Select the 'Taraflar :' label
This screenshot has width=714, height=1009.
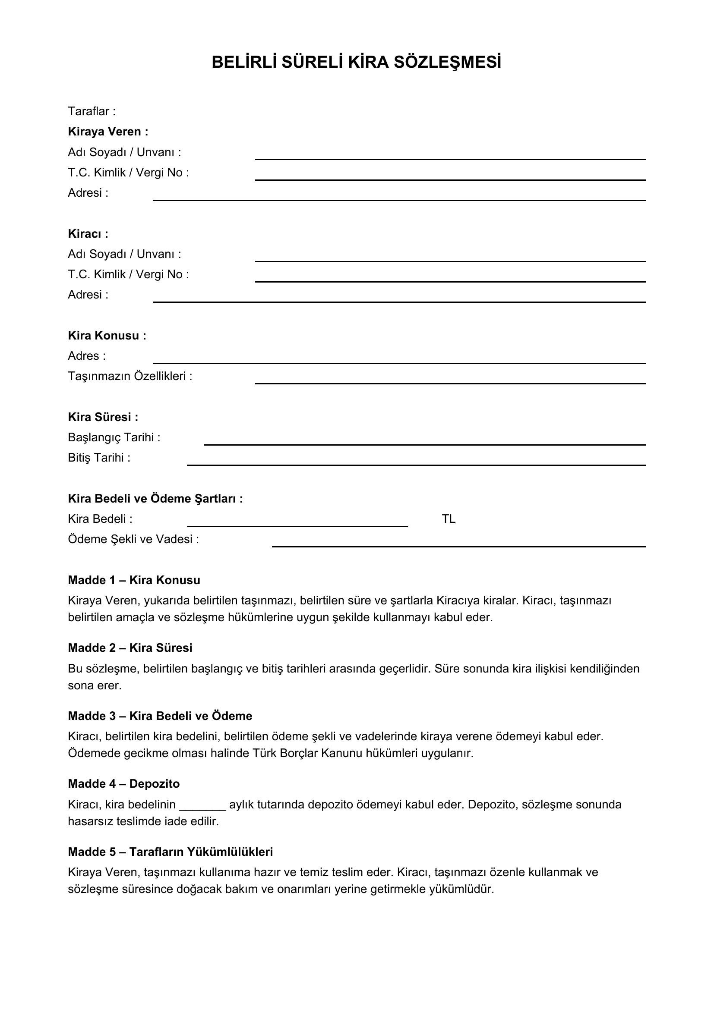point(92,111)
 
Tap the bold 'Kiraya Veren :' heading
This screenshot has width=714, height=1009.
point(108,132)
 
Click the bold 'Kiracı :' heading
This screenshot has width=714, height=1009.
point(88,233)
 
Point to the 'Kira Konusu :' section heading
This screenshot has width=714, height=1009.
point(107,335)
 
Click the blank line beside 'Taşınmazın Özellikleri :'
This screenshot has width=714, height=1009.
point(450,383)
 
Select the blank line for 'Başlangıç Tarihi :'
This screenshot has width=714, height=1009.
point(424,444)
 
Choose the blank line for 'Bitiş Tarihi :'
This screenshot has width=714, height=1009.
point(416,464)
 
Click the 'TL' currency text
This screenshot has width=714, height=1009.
point(449,519)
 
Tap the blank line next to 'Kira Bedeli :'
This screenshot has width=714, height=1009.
point(297,525)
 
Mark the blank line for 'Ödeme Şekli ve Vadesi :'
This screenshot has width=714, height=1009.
point(458,546)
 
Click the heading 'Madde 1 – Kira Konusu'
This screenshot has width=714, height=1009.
point(134,580)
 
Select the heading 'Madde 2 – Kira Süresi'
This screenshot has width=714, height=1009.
point(130,648)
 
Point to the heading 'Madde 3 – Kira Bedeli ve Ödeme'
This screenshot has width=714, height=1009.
point(160,716)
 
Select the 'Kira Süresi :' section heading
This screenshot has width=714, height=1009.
point(103,417)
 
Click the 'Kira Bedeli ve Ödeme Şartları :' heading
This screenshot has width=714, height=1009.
point(155,498)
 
